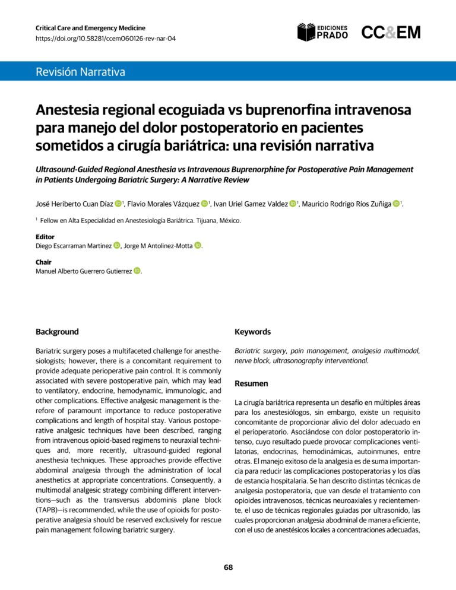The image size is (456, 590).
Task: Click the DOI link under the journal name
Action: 105,39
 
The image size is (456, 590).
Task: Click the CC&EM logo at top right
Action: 391,33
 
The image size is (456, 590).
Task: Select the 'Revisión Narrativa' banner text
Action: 80,73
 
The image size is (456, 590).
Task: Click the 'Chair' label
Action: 44,262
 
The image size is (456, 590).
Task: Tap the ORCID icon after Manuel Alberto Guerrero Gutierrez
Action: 137,272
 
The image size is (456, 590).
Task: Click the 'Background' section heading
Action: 57,332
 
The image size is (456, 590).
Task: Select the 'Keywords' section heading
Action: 252,332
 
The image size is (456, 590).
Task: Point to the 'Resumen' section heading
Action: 251,383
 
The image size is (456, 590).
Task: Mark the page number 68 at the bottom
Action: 228,567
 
